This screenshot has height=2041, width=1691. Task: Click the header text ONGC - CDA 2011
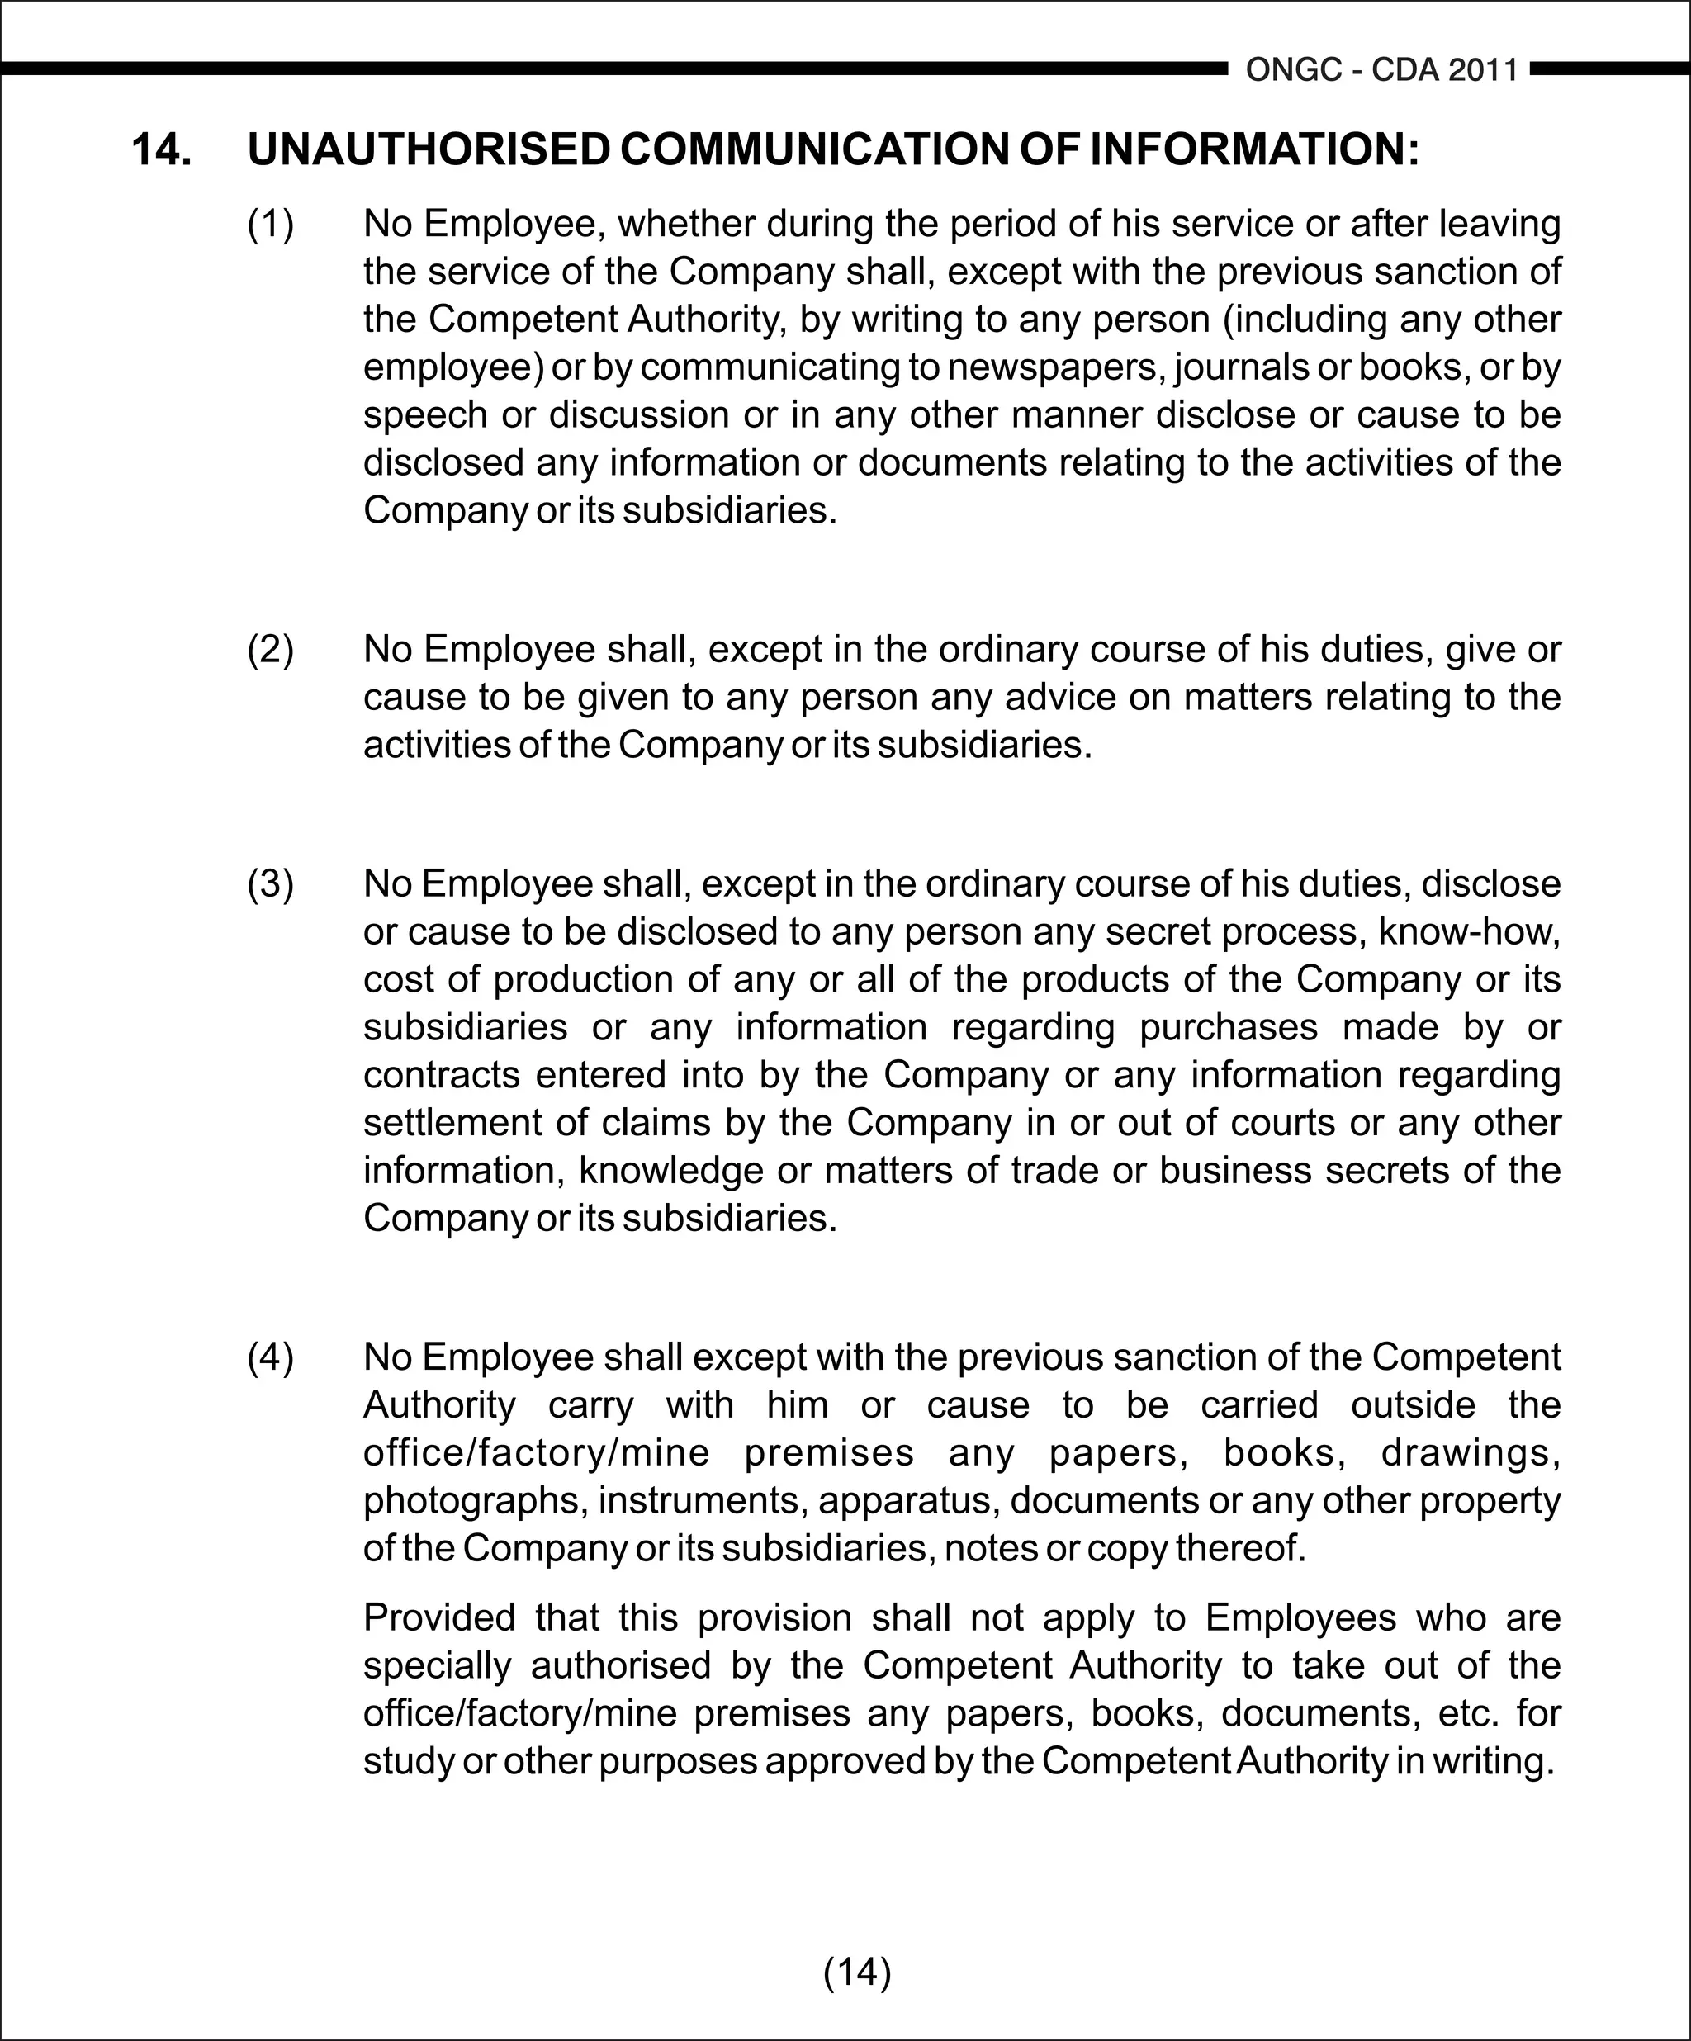click(x=1381, y=70)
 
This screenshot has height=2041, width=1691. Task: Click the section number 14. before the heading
click(x=161, y=149)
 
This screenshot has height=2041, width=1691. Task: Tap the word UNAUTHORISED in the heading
click(x=429, y=149)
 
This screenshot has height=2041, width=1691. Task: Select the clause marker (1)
click(x=270, y=225)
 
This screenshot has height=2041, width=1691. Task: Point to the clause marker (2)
click(x=270, y=649)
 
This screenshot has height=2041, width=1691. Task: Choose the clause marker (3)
click(x=270, y=883)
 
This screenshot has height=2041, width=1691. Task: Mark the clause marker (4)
click(x=270, y=1357)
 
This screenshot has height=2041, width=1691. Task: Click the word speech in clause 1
click(x=424, y=415)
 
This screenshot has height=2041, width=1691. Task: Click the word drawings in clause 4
click(x=1471, y=1452)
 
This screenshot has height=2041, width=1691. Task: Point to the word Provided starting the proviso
click(x=438, y=1617)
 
